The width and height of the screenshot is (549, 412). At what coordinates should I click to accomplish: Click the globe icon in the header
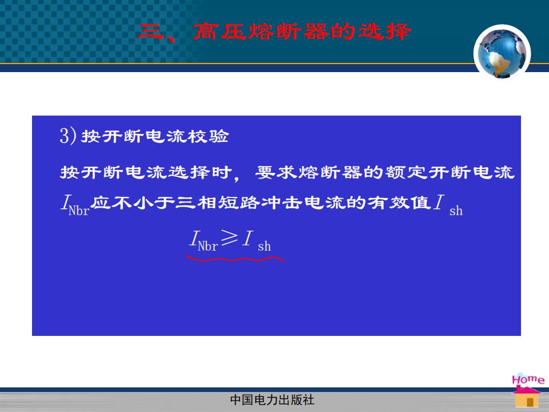[502, 53]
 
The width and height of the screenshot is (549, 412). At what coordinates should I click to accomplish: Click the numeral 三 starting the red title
[152, 31]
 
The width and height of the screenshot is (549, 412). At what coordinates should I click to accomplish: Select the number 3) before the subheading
[68, 136]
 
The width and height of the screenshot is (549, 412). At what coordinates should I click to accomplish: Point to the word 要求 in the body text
[276, 172]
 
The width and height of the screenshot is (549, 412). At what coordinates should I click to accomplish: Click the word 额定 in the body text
[406, 172]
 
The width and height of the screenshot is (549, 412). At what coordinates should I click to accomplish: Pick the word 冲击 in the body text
[282, 203]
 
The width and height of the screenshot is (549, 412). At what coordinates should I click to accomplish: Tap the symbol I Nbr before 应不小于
[75, 205]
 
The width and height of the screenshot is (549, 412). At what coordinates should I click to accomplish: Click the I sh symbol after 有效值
[448, 205]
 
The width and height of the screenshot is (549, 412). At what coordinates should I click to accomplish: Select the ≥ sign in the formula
[230, 238]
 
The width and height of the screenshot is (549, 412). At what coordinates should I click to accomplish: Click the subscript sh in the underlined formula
[264, 247]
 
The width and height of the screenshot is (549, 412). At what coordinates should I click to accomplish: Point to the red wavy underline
[234, 260]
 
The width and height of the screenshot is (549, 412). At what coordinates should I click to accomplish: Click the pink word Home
[528, 379]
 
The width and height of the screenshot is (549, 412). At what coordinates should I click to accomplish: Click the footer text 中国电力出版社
[272, 400]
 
